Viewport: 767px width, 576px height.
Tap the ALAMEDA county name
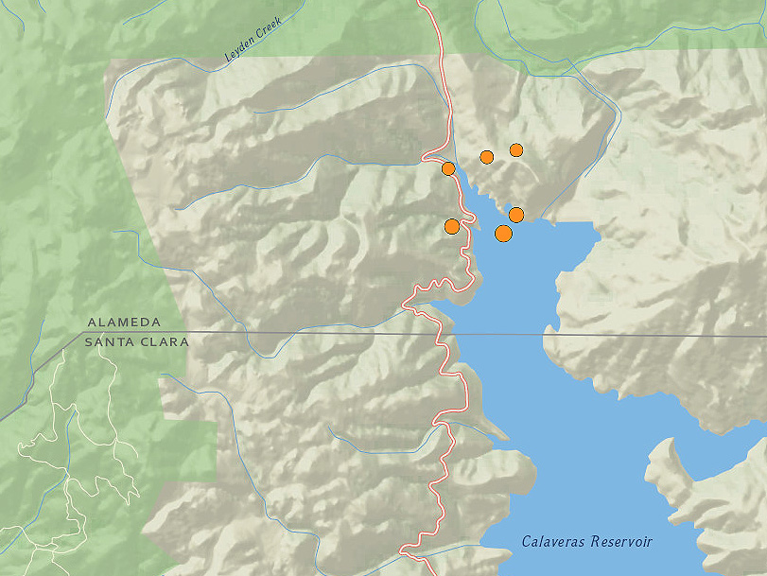coord(124,323)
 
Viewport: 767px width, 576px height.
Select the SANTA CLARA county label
coord(136,341)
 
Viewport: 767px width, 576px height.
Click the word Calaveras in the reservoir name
coord(553,542)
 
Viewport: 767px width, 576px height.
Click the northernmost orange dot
coord(516,149)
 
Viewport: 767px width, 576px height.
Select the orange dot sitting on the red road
coord(448,168)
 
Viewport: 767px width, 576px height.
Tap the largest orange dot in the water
coord(504,233)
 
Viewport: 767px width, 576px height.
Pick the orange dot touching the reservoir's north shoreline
coord(516,215)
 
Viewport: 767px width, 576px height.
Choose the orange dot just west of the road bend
coord(452,226)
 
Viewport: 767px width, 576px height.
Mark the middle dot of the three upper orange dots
coord(487,157)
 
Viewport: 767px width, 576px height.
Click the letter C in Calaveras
coord(527,542)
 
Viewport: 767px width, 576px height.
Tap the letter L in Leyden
coord(228,60)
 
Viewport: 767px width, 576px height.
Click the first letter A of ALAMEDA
coord(92,323)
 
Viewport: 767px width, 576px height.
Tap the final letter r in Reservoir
coord(650,543)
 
